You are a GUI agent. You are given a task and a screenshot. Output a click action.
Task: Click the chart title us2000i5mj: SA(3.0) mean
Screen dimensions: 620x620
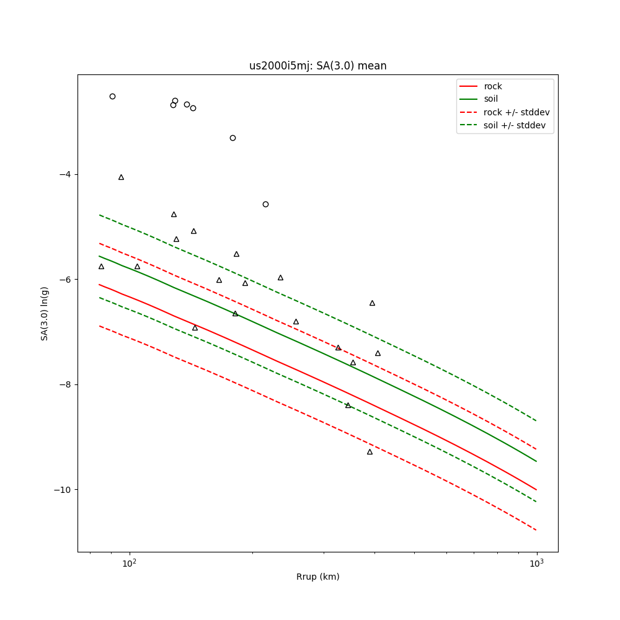(x=317, y=66)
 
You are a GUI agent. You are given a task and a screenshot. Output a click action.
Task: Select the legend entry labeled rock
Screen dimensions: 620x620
(x=493, y=86)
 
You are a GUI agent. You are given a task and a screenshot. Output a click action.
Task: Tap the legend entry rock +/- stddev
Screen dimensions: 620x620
(x=516, y=112)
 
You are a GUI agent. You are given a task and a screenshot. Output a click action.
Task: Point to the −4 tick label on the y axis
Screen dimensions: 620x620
(x=64, y=174)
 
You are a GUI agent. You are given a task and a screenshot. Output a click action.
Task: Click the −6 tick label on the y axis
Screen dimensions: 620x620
(x=64, y=280)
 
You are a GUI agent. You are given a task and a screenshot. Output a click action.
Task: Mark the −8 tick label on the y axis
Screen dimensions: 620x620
(x=64, y=384)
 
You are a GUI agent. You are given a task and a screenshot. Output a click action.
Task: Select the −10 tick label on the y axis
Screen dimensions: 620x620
(x=62, y=490)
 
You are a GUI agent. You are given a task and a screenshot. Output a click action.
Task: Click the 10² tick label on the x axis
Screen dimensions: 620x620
(x=129, y=564)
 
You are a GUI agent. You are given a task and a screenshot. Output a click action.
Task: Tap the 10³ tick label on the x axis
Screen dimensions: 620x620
(x=536, y=564)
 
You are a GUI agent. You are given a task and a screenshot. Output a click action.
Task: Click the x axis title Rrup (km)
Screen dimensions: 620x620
(x=317, y=577)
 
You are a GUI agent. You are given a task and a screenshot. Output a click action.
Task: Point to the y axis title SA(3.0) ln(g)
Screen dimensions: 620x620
(x=45, y=313)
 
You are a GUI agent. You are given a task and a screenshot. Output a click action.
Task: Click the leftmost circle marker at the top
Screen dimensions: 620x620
(x=112, y=96)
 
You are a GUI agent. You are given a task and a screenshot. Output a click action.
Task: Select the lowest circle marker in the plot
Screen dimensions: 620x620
(x=265, y=204)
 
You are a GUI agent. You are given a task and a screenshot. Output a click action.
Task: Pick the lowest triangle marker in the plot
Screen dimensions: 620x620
(x=370, y=452)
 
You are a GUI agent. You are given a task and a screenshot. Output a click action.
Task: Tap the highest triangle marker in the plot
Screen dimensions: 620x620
(x=121, y=177)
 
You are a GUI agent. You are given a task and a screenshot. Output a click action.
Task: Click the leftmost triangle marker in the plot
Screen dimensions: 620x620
(x=101, y=267)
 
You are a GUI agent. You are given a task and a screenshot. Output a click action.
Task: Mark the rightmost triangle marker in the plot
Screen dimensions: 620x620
(x=378, y=353)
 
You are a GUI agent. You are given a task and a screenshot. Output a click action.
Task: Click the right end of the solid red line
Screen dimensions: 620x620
(x=536, y=490)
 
